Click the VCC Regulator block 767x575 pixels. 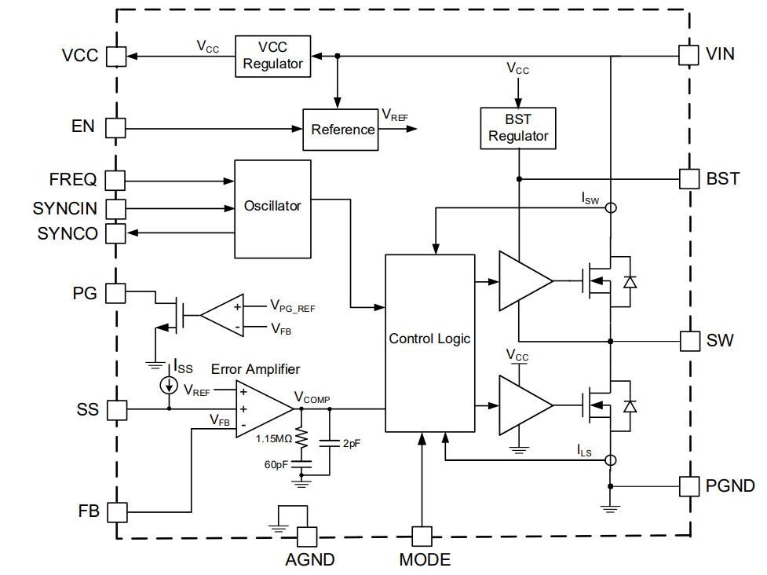pyautogui.click(x=272, y=56)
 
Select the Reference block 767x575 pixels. pyautogui.click(x=342, y=130)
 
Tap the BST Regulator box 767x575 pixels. pyautogui.click(x=518, y=127)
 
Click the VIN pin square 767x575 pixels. pyautogui.click(x=688, y=55)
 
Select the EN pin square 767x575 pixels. pyautogui.click(x=115, y=127)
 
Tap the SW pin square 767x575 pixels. pyautogui.click(x=688, y=341)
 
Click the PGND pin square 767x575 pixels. pyautogui.click(x=688, y=485)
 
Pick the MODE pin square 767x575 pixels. pyautogui.click(x=422, y=537)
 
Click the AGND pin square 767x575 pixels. pyautogui.click(x=306, y=537)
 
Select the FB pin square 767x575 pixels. pyautogui.click(x=115, y=512)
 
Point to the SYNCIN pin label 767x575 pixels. pyautogui.click(x=65, y=209)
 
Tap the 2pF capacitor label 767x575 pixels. pyautogui.click(x=352, y=443)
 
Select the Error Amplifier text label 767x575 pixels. pyautogui.click(x=255, y=369)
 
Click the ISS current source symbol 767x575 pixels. pyautogui.click(x=168, y=385)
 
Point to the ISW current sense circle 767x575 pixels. pyautogui.click(x=611, y=208)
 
